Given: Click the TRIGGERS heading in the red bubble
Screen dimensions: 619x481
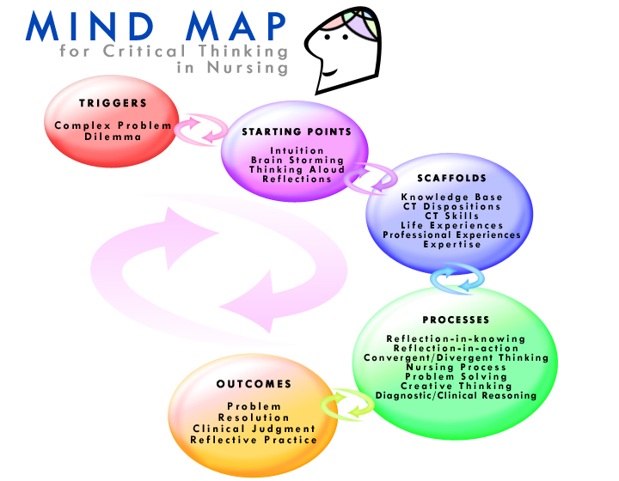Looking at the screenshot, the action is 113,103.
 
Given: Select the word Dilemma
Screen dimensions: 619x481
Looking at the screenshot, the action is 113,137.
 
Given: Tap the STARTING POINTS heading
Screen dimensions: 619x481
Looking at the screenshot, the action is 297,131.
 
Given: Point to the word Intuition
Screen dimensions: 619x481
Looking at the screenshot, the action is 297,150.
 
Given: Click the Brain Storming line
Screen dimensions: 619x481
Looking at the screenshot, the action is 297,160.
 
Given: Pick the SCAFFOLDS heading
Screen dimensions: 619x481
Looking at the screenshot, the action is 451,178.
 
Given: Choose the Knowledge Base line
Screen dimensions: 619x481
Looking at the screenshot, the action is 451,198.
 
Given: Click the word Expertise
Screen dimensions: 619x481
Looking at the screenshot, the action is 452,245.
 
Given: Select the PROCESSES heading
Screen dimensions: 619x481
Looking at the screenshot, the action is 456,320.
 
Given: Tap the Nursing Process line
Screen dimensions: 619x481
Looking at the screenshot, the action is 456,368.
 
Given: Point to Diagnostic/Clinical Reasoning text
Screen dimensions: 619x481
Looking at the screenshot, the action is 456,395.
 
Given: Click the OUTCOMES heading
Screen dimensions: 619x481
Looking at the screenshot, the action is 254,384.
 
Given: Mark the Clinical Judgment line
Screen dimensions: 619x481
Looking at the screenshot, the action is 254,429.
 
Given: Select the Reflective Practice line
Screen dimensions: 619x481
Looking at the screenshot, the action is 254,440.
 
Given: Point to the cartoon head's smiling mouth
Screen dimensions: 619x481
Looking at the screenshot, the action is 329,73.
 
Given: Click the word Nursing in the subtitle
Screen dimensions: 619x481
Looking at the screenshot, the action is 248,67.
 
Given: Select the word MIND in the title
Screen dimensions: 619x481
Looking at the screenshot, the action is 89,26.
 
